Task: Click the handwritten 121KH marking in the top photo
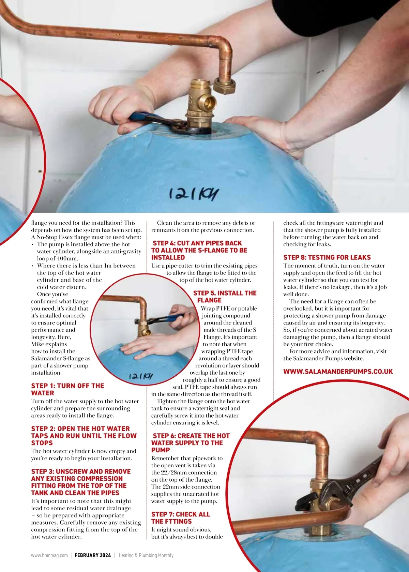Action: coord(194,194)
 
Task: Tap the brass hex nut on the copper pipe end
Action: coord(224,86)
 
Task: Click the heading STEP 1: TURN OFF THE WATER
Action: coord(68,389)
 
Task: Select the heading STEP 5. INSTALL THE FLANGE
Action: coord(225,297)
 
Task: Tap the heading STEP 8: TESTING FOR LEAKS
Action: coord(327,257)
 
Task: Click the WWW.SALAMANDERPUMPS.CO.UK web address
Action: coord(338,371)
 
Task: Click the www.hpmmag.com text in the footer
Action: coord(49,555)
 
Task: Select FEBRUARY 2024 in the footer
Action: coord(93,555)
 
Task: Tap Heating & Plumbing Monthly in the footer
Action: coord(146,555)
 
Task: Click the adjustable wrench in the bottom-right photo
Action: coord(350,480)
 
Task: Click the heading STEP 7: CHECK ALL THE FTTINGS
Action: coord(181,517)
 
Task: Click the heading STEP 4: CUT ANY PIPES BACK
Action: coord(197,243)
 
